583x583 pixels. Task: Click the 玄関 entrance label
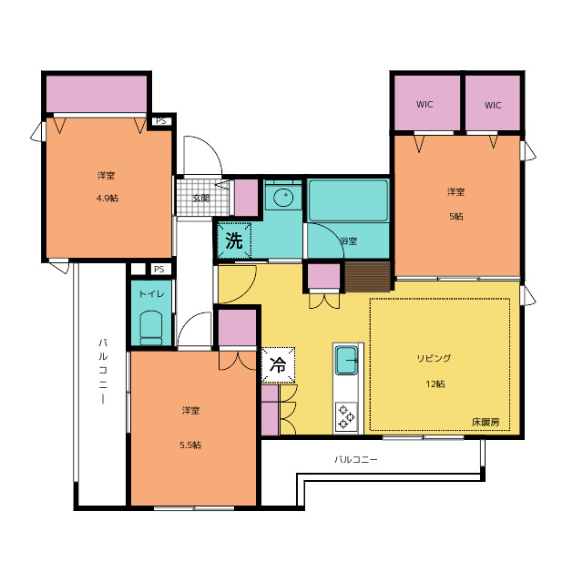coord(200,199)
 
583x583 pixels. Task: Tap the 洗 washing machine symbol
coord(234,240)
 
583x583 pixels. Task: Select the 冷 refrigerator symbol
coord(278,364)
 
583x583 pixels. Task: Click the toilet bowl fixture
coord(151,328)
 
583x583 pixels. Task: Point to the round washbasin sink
coord(283,197)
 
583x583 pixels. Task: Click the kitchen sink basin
coord(346,360)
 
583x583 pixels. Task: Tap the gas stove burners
coord(346,416)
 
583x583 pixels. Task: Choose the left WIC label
coord(424,105)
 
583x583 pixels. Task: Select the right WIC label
coord(493,106)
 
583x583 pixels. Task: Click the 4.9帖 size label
coord(107,199)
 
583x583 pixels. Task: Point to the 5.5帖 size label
coord(190,445)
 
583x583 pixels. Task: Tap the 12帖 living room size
coord(435,384)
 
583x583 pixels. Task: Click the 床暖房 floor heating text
coord(486,422)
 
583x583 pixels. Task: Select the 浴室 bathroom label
coord(348,240)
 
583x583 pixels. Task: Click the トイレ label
coord(151,294)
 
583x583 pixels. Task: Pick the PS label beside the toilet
coord(159,270)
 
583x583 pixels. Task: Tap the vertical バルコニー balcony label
coord(103,371)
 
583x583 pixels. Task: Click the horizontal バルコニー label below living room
coord(356,459)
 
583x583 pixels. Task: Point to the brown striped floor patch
coord(367,277)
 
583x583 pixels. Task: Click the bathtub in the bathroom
coord(348,200)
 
